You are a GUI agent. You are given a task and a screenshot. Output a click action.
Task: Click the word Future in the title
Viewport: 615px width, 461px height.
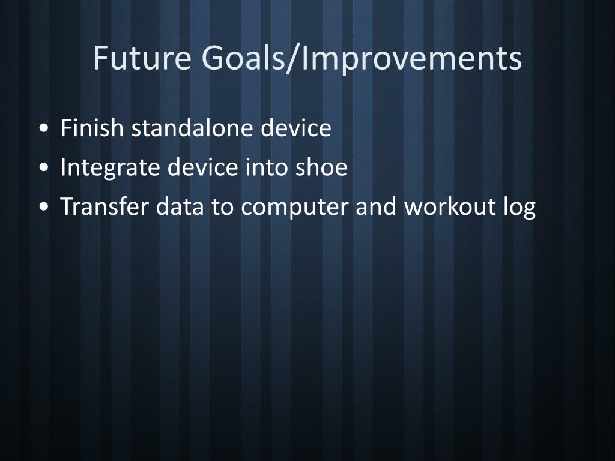coord(142,58)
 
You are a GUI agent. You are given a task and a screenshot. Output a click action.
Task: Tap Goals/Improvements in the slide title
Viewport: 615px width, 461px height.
coord(362,59)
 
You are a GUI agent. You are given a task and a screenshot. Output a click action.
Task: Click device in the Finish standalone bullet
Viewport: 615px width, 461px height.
coord(296,128)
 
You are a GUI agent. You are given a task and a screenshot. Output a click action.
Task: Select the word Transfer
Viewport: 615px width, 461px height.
coord(104,206)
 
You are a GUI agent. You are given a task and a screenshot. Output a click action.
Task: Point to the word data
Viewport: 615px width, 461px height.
coord(180,206)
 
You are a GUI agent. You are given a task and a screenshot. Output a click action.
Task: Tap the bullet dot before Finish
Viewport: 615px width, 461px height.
coord(44,128)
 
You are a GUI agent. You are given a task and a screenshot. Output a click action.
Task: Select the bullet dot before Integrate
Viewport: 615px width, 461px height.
coord(44,167)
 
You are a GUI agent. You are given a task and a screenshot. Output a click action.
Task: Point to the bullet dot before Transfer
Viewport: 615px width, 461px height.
coord(44,206)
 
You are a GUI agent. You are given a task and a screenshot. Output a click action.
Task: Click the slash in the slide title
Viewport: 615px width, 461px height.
coord(291,59)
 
